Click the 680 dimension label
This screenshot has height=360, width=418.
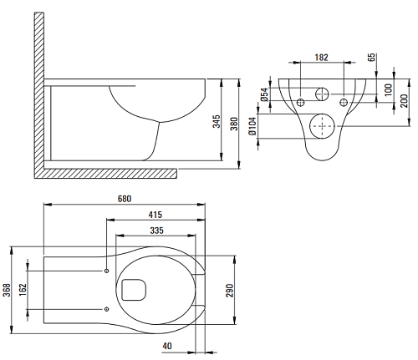(125, 199)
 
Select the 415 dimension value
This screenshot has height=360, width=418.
(155, 215)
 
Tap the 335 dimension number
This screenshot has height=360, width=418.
(156, 231)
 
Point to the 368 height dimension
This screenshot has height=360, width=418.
(7, 290)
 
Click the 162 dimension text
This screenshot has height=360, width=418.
(23, 290)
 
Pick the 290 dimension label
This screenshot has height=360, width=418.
(230, 291)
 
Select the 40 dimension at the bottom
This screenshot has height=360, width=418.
(167, 346)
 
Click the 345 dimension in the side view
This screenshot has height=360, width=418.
(217, 121)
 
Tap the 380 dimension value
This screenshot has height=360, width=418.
(234, 124)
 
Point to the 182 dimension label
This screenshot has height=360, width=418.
(321, 58)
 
